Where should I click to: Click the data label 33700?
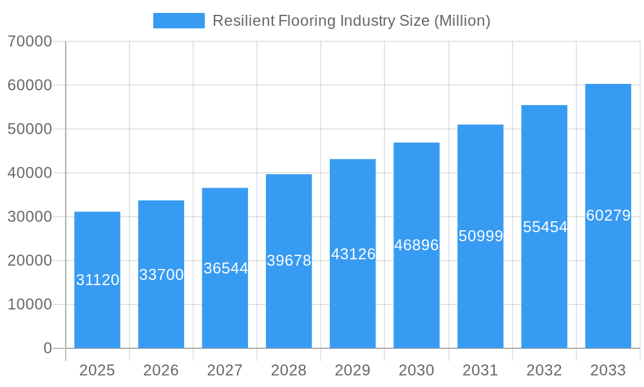click(161, 275)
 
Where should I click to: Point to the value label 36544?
click(225, 268)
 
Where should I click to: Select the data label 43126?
click(353, 254)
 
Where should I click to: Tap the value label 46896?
click(417, 245)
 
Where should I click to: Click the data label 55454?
click(545, 227)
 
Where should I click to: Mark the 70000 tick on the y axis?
click(30, 41)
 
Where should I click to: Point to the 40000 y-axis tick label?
click(30, 173)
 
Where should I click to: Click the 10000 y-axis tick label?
click(30, 304)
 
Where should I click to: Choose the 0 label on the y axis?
click(47, 348)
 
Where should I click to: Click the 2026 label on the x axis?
click(161, 370)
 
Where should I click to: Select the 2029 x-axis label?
click(353, 370)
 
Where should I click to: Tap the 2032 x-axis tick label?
click(544, 370)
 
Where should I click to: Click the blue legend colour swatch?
click(178, 21)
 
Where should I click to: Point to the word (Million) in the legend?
click(462, 21)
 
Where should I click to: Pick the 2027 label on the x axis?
click(225, 370)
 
